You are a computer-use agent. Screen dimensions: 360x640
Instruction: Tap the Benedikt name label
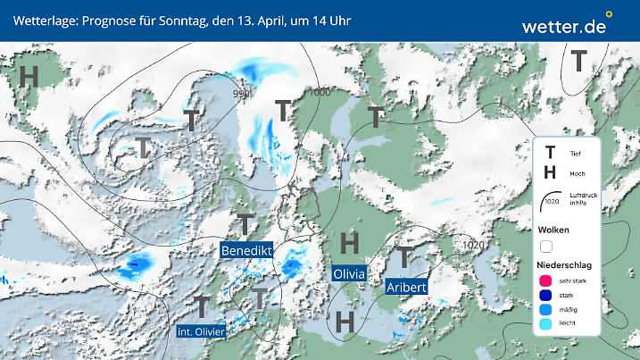tap(246, 249)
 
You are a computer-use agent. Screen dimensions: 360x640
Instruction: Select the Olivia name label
tap(348, 273)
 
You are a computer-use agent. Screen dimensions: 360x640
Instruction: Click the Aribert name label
tap(407, 287)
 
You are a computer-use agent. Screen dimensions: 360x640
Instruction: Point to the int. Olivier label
tap(201, 331)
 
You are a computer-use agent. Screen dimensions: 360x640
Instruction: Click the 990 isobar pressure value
tap(241, 94)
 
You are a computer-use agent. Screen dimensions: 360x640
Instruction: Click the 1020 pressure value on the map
tap(475, 245)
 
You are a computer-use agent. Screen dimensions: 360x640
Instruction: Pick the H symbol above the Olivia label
tap(350, 241)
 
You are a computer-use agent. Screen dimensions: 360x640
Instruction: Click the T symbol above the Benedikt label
tap(245, 223)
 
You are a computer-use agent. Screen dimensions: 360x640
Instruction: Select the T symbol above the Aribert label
tap(405, 257)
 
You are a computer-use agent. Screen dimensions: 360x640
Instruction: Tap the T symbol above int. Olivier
tap(203, 306)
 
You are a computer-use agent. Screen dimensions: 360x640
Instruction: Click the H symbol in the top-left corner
tap(29, 77)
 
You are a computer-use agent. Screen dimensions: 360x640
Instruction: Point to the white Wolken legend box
tap(546, 246)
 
